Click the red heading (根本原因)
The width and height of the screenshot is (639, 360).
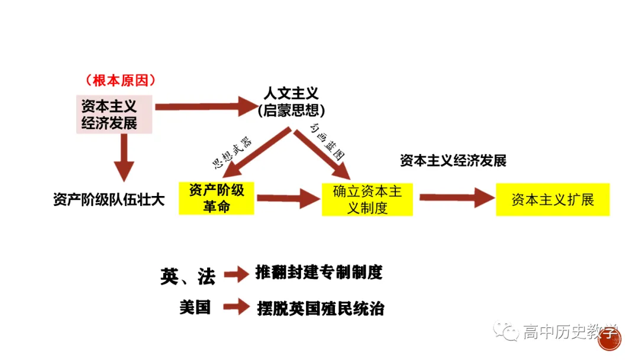[x=121, y=80]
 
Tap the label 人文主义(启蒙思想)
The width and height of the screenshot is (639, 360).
[x=291, y=101]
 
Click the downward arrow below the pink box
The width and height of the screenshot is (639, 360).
[x=124, y=157]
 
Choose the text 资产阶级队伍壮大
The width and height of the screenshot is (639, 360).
[x=109, y=200]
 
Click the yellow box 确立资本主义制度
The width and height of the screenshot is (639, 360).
[x=367, y=200]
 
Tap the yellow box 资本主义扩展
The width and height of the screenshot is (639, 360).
[x=553, y=200]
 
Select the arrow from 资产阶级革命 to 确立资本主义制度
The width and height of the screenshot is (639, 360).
[x=288, y=199]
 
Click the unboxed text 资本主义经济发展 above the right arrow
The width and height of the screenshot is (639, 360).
[x=453, y=160]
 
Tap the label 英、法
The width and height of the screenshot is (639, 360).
[x=188, y=275]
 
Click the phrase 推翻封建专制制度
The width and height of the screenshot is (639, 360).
[x=319, y=272]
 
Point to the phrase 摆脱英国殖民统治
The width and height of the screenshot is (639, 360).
[x=321, y=308]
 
